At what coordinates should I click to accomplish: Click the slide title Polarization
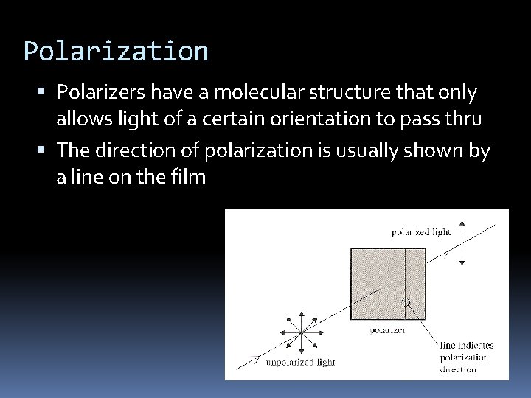point(116,52)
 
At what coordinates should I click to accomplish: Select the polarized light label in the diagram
point(420,232)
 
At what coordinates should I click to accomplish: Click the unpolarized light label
point(301,362)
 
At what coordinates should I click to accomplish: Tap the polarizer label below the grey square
point(387,330)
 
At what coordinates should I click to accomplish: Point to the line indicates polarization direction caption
point(466,357)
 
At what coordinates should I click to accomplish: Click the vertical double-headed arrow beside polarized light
point(462,242)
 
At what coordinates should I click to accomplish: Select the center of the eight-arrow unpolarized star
point(300,333)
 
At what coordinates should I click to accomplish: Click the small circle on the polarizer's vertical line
point(405,302)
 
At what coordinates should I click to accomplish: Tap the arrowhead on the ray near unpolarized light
point(255,359)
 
